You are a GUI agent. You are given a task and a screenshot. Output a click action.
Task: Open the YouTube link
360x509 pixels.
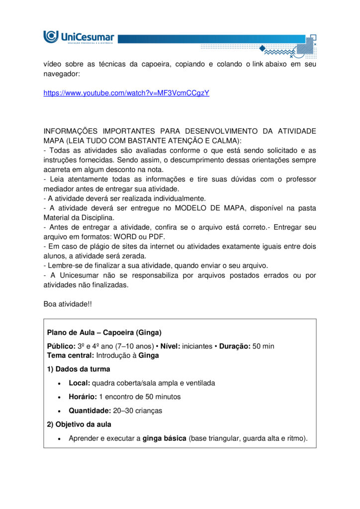[x=126, y=93]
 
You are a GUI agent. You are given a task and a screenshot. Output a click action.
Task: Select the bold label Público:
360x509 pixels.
[x=61, y=346]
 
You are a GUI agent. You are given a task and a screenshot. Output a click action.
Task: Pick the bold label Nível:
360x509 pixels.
[x=171, y=346]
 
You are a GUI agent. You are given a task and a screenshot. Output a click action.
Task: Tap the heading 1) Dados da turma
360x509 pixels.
[x=79, y=369]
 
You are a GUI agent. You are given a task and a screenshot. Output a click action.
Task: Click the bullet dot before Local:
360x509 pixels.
[x=60, y=383]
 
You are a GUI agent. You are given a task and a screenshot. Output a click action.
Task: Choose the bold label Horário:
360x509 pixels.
[x=83, y=397]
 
